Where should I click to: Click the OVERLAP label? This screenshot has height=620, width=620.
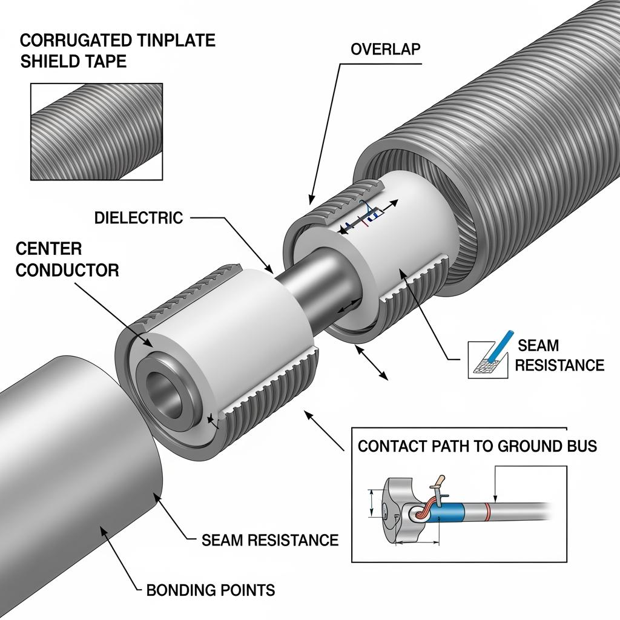(x=385, y=50)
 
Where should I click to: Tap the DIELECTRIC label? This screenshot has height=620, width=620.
(x=139, y=218)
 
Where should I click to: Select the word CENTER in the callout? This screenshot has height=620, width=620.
(x=48, y=248)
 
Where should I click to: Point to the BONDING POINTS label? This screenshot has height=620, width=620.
(x=211, y=590)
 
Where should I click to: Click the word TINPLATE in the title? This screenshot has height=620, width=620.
(x=172, y=41)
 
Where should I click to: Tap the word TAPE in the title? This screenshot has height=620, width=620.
(x=107, y=61)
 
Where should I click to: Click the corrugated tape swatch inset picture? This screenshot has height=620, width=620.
(x=96, y=131)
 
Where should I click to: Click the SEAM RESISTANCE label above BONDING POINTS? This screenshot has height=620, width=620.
(x=269, y=539)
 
